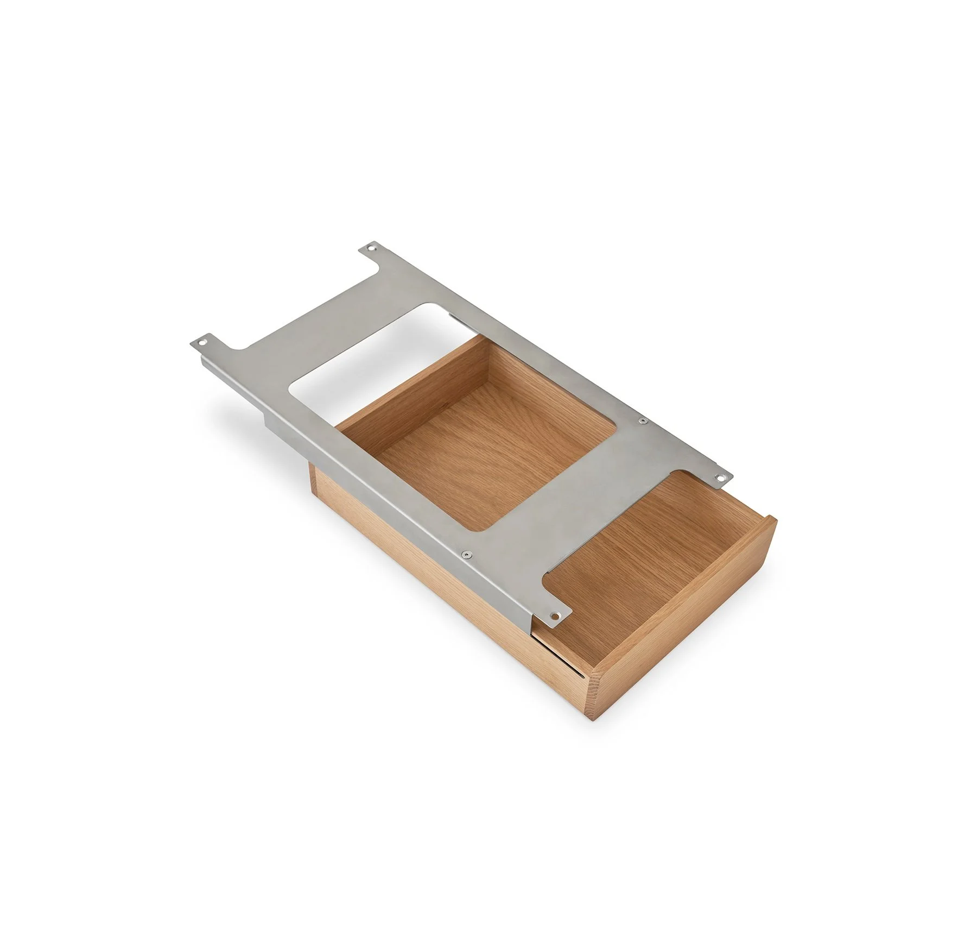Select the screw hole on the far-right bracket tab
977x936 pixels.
(721, 478)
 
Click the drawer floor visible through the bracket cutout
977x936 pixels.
(488, 462)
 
